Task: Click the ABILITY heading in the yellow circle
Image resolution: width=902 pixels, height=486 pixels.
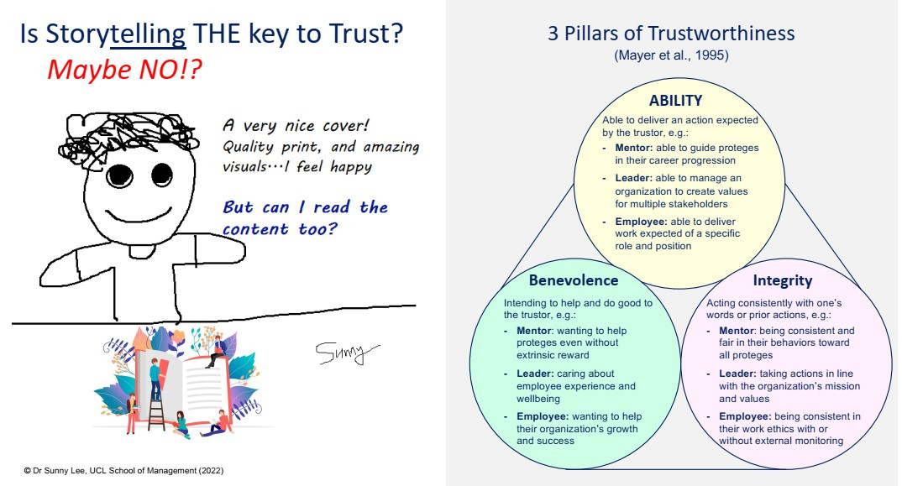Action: coord(675,101)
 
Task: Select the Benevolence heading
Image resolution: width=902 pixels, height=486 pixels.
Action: coord(573,280)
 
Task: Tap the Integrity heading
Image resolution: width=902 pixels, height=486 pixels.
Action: coord(782,280)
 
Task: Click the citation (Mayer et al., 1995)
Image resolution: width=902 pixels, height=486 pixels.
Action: coord(670,56)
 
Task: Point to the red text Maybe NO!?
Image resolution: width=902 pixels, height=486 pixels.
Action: coord(124,68)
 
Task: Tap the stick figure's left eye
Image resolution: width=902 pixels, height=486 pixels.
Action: coord(120,175)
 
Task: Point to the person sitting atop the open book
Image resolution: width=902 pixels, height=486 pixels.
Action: coord(218,349)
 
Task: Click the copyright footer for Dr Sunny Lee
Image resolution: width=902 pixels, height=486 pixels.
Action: coord(123,470)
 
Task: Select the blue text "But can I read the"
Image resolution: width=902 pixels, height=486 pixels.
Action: coord(305,207)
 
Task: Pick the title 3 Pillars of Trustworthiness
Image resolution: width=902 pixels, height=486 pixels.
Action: coord(670,34)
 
